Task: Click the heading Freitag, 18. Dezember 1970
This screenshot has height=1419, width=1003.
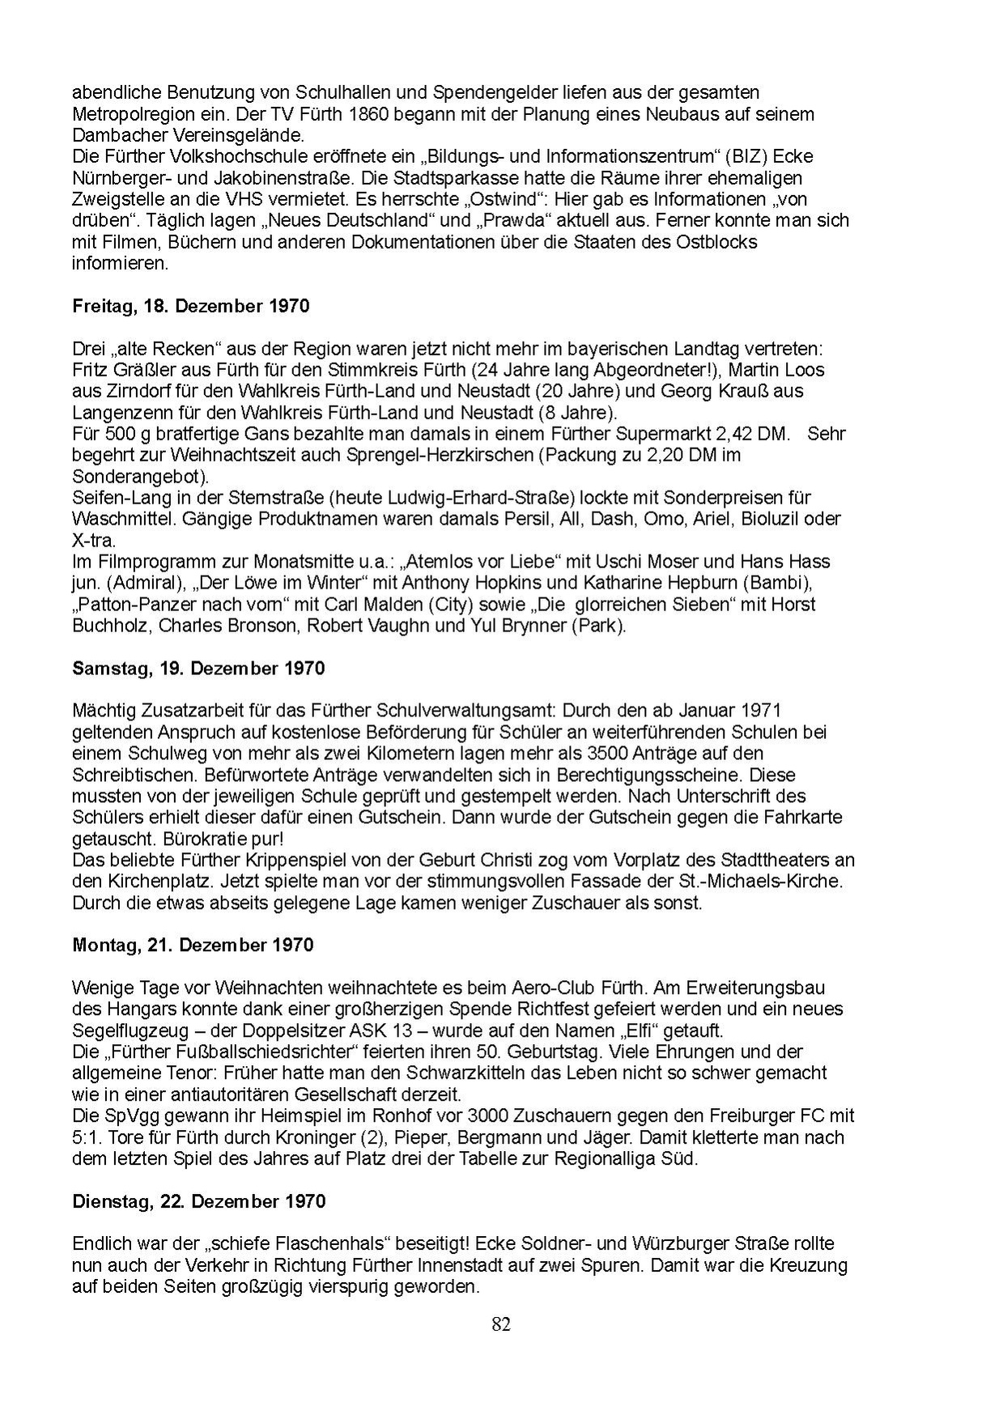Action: pos(190,307)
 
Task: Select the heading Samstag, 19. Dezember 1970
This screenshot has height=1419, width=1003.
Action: pos(198,669)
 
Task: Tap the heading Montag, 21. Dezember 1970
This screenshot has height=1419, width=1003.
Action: pos(192,945)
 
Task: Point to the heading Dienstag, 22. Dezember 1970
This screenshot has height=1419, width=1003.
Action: pos(198,1201)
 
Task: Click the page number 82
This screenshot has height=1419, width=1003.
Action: pos(501,1325)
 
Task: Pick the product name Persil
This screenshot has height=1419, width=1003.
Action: pos(531,519)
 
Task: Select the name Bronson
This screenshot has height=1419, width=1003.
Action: pos(264,626)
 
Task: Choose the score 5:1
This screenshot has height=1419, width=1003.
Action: pos(85,1137)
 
